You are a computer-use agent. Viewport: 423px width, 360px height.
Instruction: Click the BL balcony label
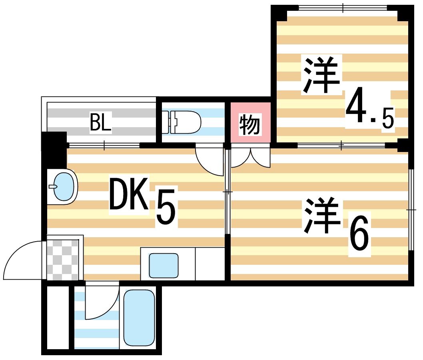pyautogui.click(x=100, y=122)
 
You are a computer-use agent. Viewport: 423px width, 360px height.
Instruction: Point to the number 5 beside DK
pyautogui.click(x=165, y=208)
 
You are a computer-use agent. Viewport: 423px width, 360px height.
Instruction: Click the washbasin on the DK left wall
pyautogui.click(x=63, y=187)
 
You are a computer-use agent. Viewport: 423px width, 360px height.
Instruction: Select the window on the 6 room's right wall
pyautogui.click(x=411, y=209)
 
